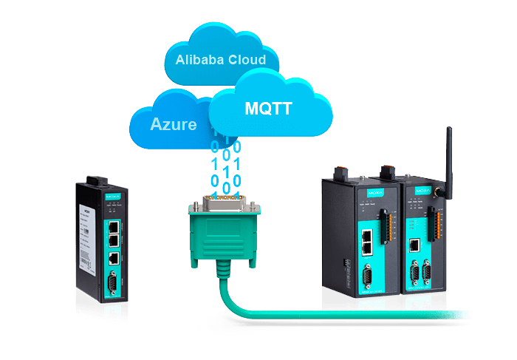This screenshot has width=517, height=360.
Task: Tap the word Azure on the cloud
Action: pos(174,123)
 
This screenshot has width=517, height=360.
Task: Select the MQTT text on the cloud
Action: pos(268,109)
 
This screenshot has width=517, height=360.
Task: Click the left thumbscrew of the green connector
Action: pos(194,211)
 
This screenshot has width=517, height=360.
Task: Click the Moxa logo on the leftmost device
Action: pos(112,197)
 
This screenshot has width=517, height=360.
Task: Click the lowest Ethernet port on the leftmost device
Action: pos(112,258)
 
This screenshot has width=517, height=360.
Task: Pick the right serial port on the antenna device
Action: pos(427,275)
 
